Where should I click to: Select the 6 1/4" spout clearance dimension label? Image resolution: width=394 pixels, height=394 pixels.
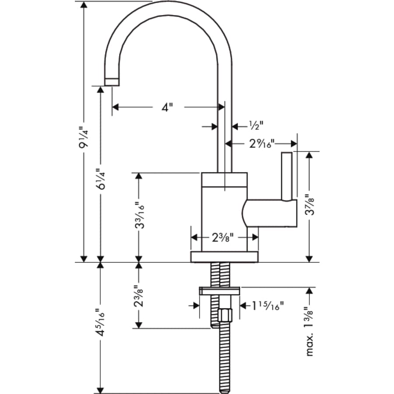(100, 178)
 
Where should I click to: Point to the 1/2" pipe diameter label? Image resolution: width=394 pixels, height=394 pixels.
(256, 126)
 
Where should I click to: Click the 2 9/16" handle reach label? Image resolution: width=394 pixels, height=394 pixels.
(261, 143)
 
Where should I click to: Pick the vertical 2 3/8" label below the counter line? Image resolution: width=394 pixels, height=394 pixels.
(139, 295)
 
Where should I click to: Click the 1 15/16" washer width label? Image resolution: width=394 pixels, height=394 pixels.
(268, 305)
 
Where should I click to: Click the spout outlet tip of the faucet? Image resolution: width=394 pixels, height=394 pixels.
(112, 81)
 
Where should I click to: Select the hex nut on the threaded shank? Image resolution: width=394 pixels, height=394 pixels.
(225, 315)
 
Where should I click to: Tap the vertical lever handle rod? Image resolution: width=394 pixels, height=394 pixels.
(287, 175)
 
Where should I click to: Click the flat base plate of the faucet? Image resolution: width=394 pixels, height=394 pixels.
(224, 257)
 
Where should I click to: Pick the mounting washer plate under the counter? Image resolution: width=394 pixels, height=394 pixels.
(219, 291)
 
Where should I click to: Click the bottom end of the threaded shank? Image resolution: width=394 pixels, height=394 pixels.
(225, 389)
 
